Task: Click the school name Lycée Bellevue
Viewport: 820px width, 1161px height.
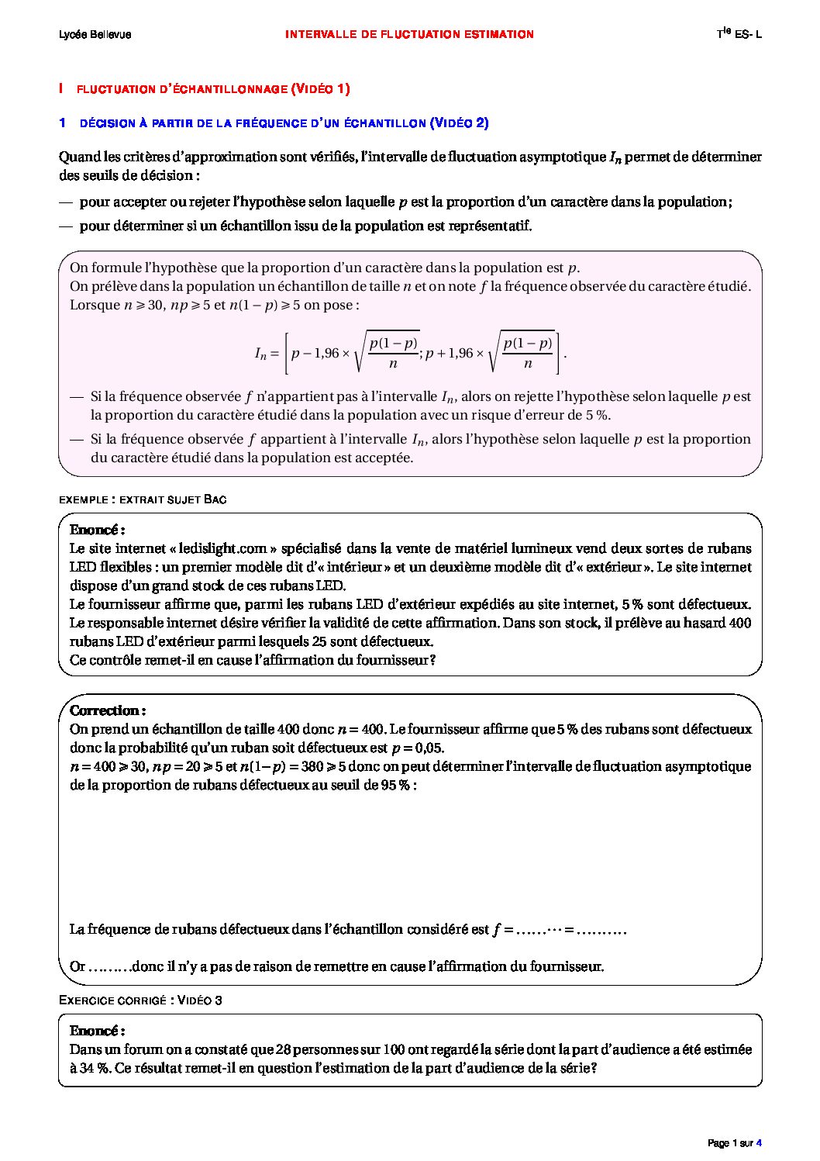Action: [95, 35]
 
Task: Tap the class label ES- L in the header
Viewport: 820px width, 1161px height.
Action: [748, 35]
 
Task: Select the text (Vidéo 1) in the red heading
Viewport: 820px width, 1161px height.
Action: [320, 89]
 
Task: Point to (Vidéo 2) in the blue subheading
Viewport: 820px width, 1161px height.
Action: [459, 123]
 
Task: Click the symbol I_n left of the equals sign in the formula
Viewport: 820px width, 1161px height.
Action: [260, 354]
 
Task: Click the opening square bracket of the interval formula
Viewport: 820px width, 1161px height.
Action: [286, 354]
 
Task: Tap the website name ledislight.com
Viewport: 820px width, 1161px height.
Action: [223, 548]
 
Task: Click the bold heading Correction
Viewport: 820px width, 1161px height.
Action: [106, 710]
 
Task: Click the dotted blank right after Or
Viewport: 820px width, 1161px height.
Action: [108, 967]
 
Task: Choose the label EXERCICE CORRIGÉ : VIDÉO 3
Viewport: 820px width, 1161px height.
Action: [140, 1000]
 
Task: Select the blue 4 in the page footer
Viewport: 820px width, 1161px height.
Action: [759, 1143]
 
